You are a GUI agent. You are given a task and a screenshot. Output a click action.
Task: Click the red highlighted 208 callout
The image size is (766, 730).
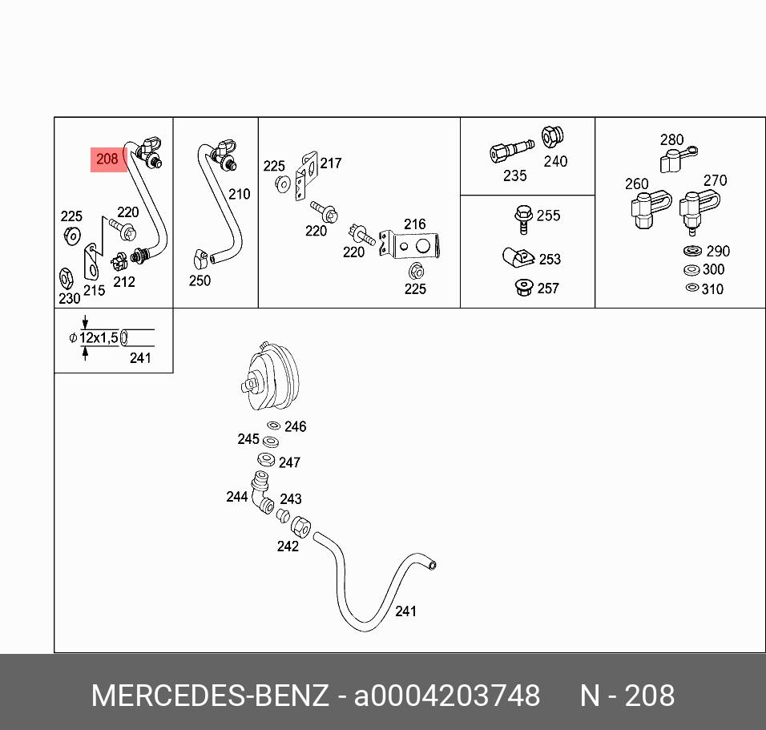click(x=107, y=159)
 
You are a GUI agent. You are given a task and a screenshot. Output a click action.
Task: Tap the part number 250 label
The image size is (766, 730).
click(x=200, y=280)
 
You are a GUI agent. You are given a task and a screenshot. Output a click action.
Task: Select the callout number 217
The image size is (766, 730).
click(x=330, y=163)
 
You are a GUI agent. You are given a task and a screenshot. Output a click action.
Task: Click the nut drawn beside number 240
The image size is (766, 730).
click(x=551, y=137)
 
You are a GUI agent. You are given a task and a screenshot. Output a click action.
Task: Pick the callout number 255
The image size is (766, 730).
click(x=548, y=216)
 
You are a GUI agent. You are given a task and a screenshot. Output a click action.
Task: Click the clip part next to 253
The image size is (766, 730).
click(x=519, y=258)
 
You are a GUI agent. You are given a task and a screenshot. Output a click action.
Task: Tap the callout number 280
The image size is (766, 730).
click(x=671, y=140)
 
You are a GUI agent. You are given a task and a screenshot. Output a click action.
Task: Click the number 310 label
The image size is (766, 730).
click(x=712, y=289)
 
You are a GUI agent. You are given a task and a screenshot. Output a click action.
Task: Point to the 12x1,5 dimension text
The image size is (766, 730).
click(x=99, y=338)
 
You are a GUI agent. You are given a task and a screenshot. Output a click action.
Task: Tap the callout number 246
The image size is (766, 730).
click(x=295, y=427)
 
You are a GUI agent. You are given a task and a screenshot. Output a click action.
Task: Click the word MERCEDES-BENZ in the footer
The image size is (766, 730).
click(x=210, y=696)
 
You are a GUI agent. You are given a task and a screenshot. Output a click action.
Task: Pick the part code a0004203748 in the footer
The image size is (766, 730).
click(x=447, y=696)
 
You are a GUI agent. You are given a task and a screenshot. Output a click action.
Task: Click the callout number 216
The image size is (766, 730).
click(x=414, y=224)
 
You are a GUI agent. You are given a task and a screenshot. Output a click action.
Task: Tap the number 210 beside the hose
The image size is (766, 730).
click(x=239, y=194)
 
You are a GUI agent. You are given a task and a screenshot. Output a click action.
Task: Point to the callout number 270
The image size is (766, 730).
click(x=714, y=180)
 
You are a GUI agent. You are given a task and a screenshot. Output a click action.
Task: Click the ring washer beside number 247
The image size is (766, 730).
click(x=266, y=460)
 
